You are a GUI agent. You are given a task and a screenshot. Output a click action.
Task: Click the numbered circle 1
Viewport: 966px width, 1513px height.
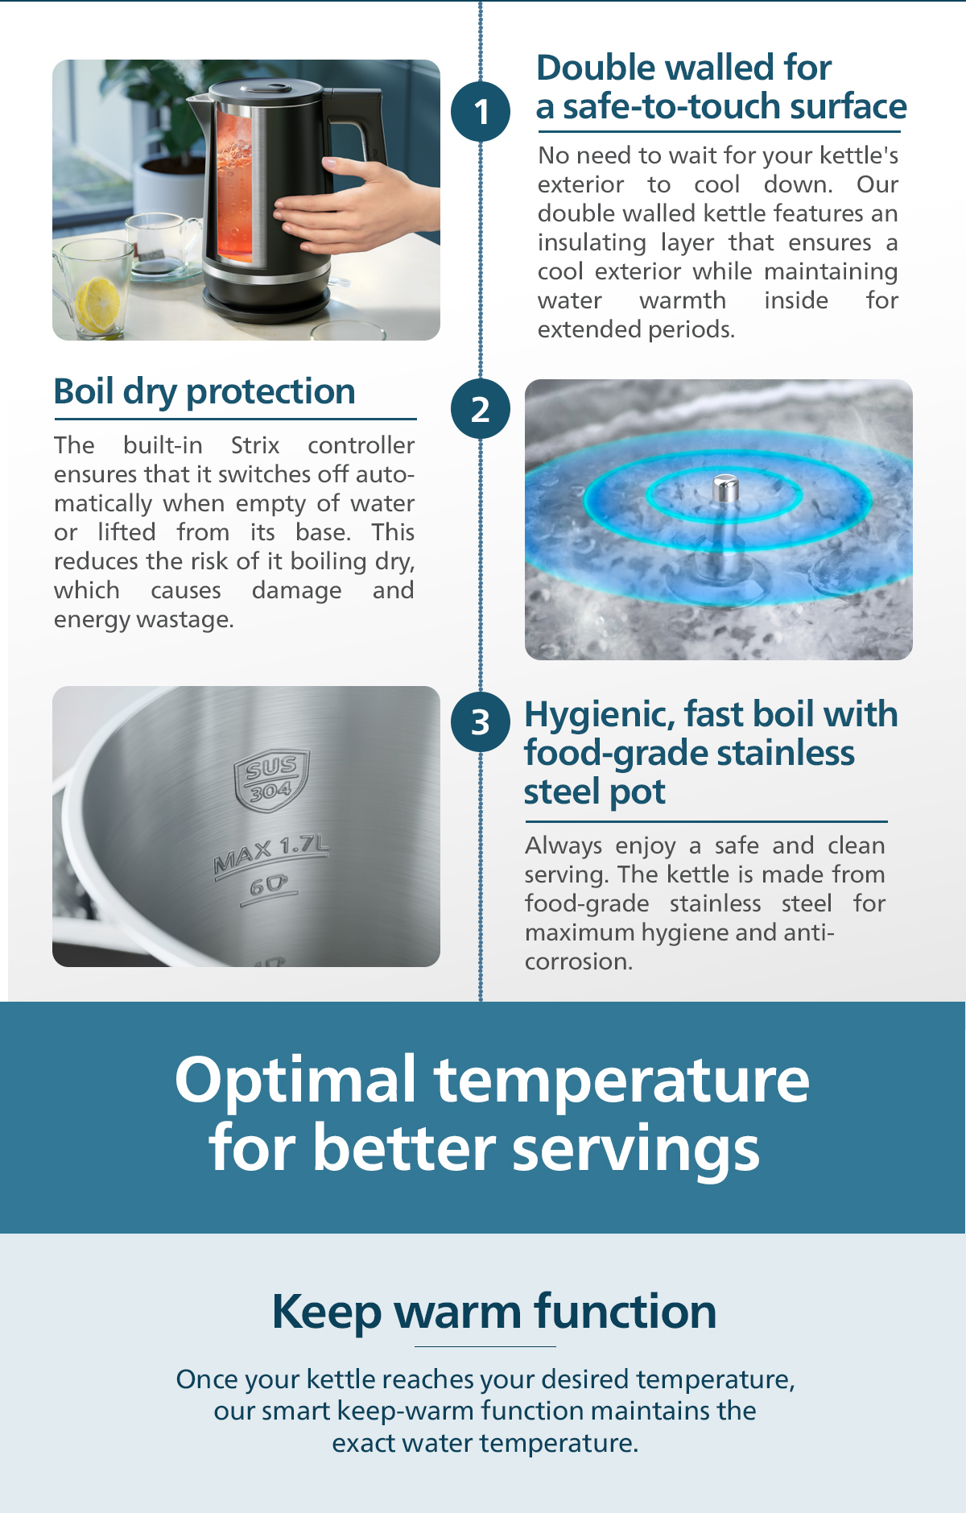point(481,112)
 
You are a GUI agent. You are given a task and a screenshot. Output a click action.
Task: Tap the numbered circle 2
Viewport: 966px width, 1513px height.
point(481,409)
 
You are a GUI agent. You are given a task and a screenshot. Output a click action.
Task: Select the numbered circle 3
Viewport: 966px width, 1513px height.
point(481,722)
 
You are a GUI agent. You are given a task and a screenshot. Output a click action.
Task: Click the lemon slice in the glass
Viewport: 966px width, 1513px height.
point(97,304)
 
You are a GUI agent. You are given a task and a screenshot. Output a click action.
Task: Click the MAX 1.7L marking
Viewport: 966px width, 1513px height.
point(271,854)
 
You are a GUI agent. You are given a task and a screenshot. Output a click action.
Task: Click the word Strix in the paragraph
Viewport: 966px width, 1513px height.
point(255,445)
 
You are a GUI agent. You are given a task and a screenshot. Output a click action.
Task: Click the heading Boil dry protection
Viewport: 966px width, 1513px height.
point(204,392)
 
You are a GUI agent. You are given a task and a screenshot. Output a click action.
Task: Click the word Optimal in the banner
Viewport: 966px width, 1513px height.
point(295,1081)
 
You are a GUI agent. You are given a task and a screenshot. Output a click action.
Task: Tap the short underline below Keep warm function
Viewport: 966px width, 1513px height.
point(485,1346)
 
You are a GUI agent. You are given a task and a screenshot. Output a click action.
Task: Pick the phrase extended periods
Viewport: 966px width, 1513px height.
point(636,330)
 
